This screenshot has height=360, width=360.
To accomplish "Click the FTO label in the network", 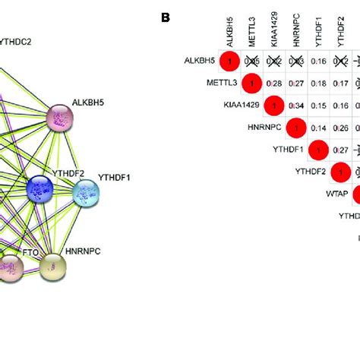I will (x=30, y=250).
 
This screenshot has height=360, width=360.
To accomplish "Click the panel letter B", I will (x=166, y=15).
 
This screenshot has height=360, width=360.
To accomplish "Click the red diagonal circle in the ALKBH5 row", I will (x=230, y=60).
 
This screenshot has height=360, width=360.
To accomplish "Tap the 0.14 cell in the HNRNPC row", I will (x=321, y=128).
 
